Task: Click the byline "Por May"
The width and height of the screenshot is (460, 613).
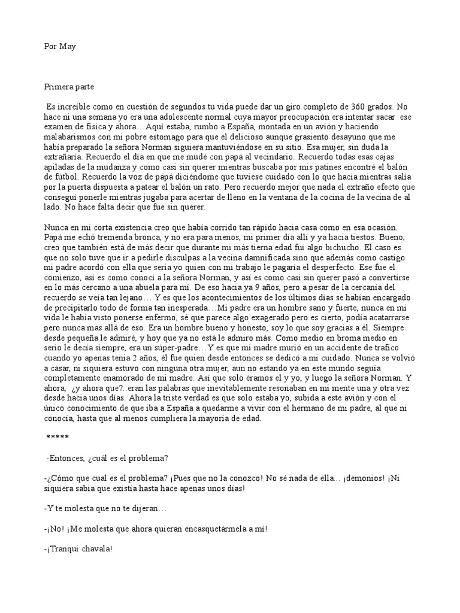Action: coord(60,47)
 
